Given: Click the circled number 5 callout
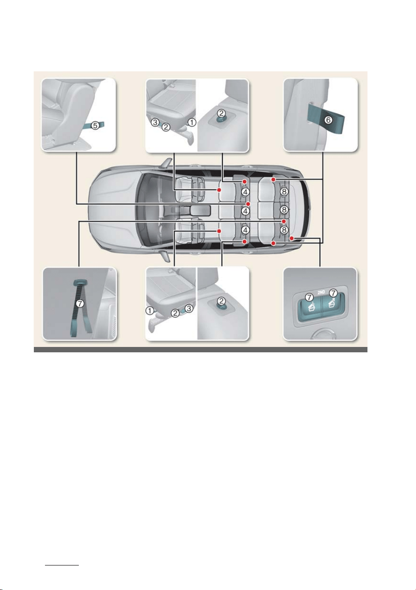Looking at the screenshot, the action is [95, 125].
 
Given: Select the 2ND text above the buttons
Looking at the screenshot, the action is [321, 292].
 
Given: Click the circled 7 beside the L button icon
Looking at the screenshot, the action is [309, 297].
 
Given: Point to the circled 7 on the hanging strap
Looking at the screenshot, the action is [80, 304].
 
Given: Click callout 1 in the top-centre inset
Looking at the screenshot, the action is [192, 122].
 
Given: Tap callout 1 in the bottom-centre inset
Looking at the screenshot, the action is [150, 311].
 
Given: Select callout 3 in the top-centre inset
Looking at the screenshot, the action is [155, 122].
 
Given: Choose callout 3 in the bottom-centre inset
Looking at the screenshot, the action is [189, 308].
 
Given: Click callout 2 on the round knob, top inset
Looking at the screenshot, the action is [221, 113].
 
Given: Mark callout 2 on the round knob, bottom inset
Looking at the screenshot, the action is [221, 301].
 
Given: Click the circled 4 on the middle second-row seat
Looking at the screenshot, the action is [245, 211].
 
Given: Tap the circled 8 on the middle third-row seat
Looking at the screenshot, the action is [284, 210].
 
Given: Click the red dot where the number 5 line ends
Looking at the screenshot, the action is [248, 204].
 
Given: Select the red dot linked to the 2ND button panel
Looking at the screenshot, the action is [292, 238].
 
